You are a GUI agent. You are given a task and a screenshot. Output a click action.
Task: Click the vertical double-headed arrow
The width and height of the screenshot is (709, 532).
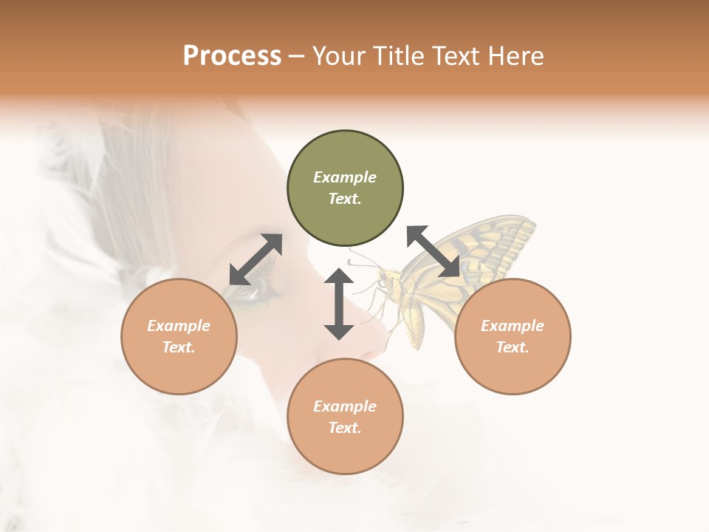339,304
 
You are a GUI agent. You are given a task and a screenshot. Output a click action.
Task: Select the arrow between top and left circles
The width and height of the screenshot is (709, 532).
256,259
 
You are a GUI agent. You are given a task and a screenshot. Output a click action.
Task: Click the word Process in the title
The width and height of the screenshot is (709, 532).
232,55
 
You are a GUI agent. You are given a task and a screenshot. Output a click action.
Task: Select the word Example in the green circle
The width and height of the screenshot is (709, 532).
345,177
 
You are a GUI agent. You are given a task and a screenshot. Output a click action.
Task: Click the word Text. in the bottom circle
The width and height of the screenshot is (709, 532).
345,428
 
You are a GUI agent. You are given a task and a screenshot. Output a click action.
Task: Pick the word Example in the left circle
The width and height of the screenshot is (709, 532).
179,326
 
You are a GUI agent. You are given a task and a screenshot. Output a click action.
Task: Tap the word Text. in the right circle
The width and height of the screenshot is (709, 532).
513,347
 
